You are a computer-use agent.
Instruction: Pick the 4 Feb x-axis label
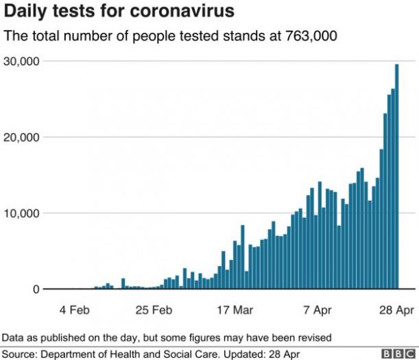pyautogui.click(x=75, y=310)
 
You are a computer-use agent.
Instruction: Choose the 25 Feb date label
pyautogui.click(x=154, y=310)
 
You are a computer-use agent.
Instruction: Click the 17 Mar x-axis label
pyautogui.click(x=234, y=310)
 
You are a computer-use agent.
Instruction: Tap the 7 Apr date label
pyautogui.click(x=318, y=310)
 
